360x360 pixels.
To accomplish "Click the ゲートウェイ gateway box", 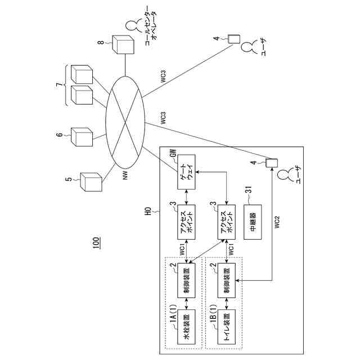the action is tap(186, 172).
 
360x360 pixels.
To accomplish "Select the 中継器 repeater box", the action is tap(253, 222).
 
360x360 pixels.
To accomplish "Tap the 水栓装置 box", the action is tap(186, 327).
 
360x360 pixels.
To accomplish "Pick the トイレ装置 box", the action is tap(227, 327).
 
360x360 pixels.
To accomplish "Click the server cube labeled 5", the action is tap(91, 182).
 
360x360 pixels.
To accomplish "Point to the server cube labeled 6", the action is tap(82, 137).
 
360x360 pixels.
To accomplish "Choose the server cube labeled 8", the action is tap(123, 44).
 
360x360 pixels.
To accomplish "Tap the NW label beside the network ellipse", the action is tap(125, 175).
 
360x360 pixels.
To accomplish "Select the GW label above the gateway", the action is tap(174, 153).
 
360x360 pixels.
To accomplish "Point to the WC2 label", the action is tap(277, 222).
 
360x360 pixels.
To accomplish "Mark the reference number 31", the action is tap(249, 191).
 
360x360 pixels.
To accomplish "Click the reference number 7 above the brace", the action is tap(60, 85).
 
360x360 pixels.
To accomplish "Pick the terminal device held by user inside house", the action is tap(272, 163).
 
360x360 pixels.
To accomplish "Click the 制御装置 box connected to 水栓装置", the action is tap(186, 280).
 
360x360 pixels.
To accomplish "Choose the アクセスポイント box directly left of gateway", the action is tap(186, 222).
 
